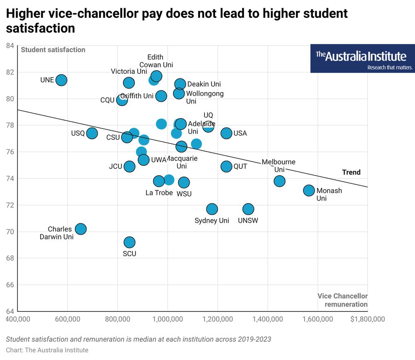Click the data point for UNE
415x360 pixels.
pos(61,80)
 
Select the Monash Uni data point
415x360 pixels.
pos(309,190)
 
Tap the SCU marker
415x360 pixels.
pos(129,242)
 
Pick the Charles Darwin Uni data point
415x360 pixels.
pos(81,229)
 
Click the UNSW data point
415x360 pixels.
pos(248,209)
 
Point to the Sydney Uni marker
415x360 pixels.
pos(212,209)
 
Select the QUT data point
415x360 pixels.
pos(226,166)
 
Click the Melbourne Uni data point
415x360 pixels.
pos(279,181)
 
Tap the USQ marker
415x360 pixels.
pos(92,133)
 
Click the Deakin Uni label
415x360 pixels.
pos(204,84)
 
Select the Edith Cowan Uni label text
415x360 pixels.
pos(156,61)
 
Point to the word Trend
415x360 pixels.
pos(351,172)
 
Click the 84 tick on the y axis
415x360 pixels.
pos(10,46)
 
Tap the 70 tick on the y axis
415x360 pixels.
pos(10,231)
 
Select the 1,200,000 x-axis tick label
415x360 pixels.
pos(217,319)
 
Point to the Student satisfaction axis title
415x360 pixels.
pos(53,50)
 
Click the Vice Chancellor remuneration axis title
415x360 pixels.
pos(342,300)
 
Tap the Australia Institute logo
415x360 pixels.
pos(362,58)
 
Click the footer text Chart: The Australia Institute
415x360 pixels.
pos(47,350)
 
